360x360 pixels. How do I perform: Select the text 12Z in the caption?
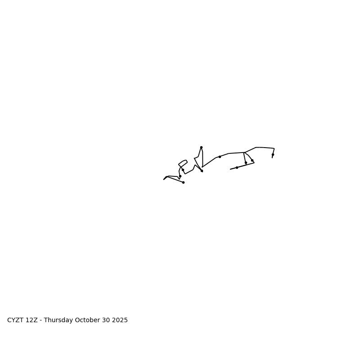click(31, 320)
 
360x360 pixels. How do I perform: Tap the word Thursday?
click(58, 320)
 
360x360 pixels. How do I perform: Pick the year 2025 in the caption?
click(120, 320)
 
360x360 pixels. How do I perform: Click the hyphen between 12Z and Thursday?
click(40, 320)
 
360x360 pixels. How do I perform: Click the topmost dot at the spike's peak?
click(201, 147)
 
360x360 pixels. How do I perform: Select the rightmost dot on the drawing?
click(273, 154)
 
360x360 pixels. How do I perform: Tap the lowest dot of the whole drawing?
click(183, 182)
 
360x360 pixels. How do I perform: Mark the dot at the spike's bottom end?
click(202, 171)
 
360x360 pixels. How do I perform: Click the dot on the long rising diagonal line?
click(220, 157)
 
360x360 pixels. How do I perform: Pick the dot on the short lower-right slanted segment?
click(237, 167)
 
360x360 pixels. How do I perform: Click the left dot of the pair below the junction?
click(246, 162)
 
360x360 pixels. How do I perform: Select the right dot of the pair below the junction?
click(252, 160)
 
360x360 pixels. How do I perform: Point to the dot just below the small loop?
click(183, 170)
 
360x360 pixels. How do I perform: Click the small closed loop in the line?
click(183, 163)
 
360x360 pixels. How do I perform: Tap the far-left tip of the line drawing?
click(164, 180)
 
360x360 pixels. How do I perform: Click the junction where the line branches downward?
click(244, 153)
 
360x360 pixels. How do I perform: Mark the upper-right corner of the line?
click(274, 148)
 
